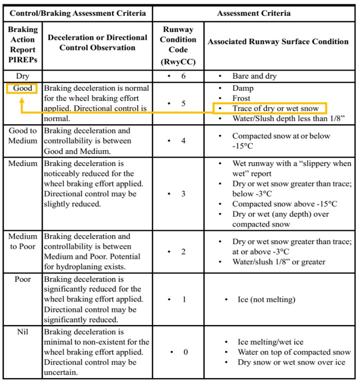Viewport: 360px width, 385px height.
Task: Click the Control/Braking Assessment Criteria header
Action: click(x=78, y=13)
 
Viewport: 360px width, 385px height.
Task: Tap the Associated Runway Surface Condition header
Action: click(x=278, y=42)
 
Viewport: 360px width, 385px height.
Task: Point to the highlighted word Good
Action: click(x=22, y=88)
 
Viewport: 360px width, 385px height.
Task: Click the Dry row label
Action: click(x=22, y=76)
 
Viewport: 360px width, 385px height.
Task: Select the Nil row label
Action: click(x=22, y=332)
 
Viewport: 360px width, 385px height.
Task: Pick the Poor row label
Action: click(x=22, y=280)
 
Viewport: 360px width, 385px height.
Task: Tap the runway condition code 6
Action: click(x=184, y=76)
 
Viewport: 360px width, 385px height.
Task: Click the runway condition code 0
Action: click(x=185, y=352)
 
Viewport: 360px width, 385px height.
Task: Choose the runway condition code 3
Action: click(x=184, y=194)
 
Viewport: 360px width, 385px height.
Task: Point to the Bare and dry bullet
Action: click(x=254, y=76)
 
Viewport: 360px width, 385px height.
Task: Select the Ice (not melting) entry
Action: click(x=266, y=300)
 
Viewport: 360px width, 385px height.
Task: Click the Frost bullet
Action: click(x=241, y=98)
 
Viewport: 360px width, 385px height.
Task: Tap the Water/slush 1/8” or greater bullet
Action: click(x=279, y=262)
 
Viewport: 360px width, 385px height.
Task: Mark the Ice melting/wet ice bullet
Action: click(x=270, y=342)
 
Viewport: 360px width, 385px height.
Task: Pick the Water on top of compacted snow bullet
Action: click(x=294, y=352)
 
